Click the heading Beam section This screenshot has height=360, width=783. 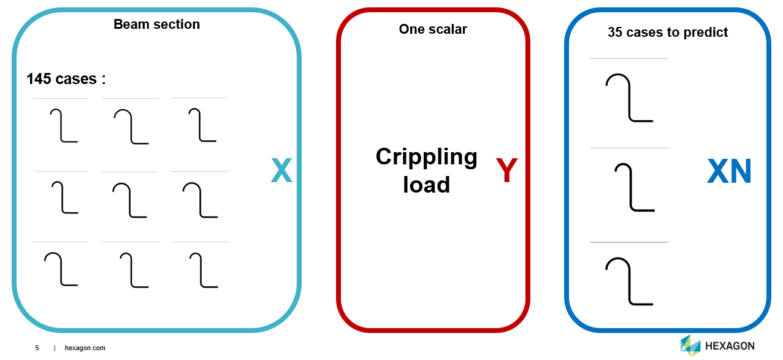(x=156, y=25)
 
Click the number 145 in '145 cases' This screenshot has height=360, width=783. (x=40, y=79)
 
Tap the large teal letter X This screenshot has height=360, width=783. (x=281, y=171)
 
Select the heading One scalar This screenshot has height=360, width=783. (x=432, y=29)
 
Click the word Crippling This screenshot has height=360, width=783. (x=426, y=157)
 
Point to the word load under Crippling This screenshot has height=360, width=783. (x=426, y=185)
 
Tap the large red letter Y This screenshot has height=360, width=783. (x=506, y=171)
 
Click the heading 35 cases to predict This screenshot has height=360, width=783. (x=667, y=33)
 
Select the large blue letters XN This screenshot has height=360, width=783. (x=729, y=172)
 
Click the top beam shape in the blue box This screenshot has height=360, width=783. (x=628, y=98)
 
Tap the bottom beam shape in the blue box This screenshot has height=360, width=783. (x=628, y=281)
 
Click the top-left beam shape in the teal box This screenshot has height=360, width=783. (x=63, y=126)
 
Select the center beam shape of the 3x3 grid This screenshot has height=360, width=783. (x=130, y=201)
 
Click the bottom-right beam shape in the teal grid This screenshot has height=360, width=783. (x=203, y=270)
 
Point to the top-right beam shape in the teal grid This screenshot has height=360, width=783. (x=202, y=125)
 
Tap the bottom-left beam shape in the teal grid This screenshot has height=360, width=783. (x=61, y=269)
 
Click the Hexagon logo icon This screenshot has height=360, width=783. (x=690, y=346)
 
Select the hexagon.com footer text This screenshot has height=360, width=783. (x=85, y=348)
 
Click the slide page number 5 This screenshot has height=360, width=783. (x=37, y=348)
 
